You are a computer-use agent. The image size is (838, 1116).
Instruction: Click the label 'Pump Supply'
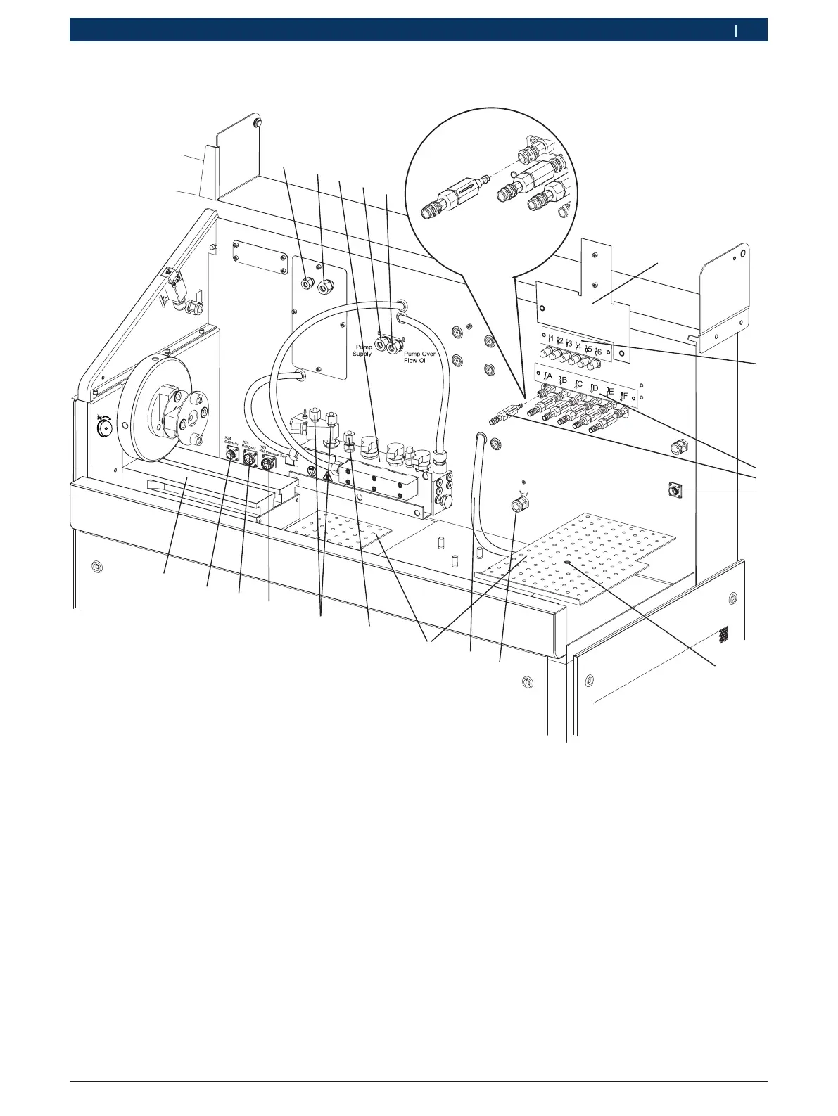click(x=362, y=350)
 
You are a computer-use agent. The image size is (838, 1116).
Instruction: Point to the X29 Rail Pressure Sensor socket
click(x=267, y=464)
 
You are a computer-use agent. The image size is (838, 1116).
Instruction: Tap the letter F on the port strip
click(x=624, y=396)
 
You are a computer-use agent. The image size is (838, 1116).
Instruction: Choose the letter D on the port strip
click(x=595, y=387)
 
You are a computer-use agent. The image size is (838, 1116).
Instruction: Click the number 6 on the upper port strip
click(x=599, y=351)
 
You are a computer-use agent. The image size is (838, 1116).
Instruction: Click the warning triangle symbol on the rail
click(x=327, y=476)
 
